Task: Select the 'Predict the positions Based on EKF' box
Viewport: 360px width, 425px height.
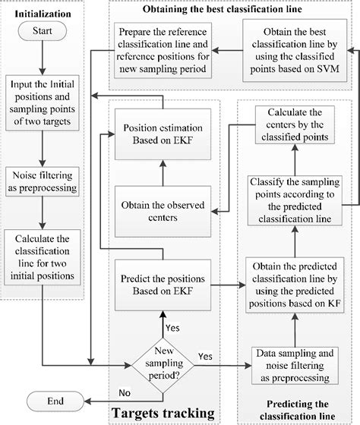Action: click(163, 285)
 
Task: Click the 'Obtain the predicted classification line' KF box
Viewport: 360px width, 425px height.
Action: click(297, 285)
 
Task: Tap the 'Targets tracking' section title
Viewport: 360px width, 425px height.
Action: click(162, 413)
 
